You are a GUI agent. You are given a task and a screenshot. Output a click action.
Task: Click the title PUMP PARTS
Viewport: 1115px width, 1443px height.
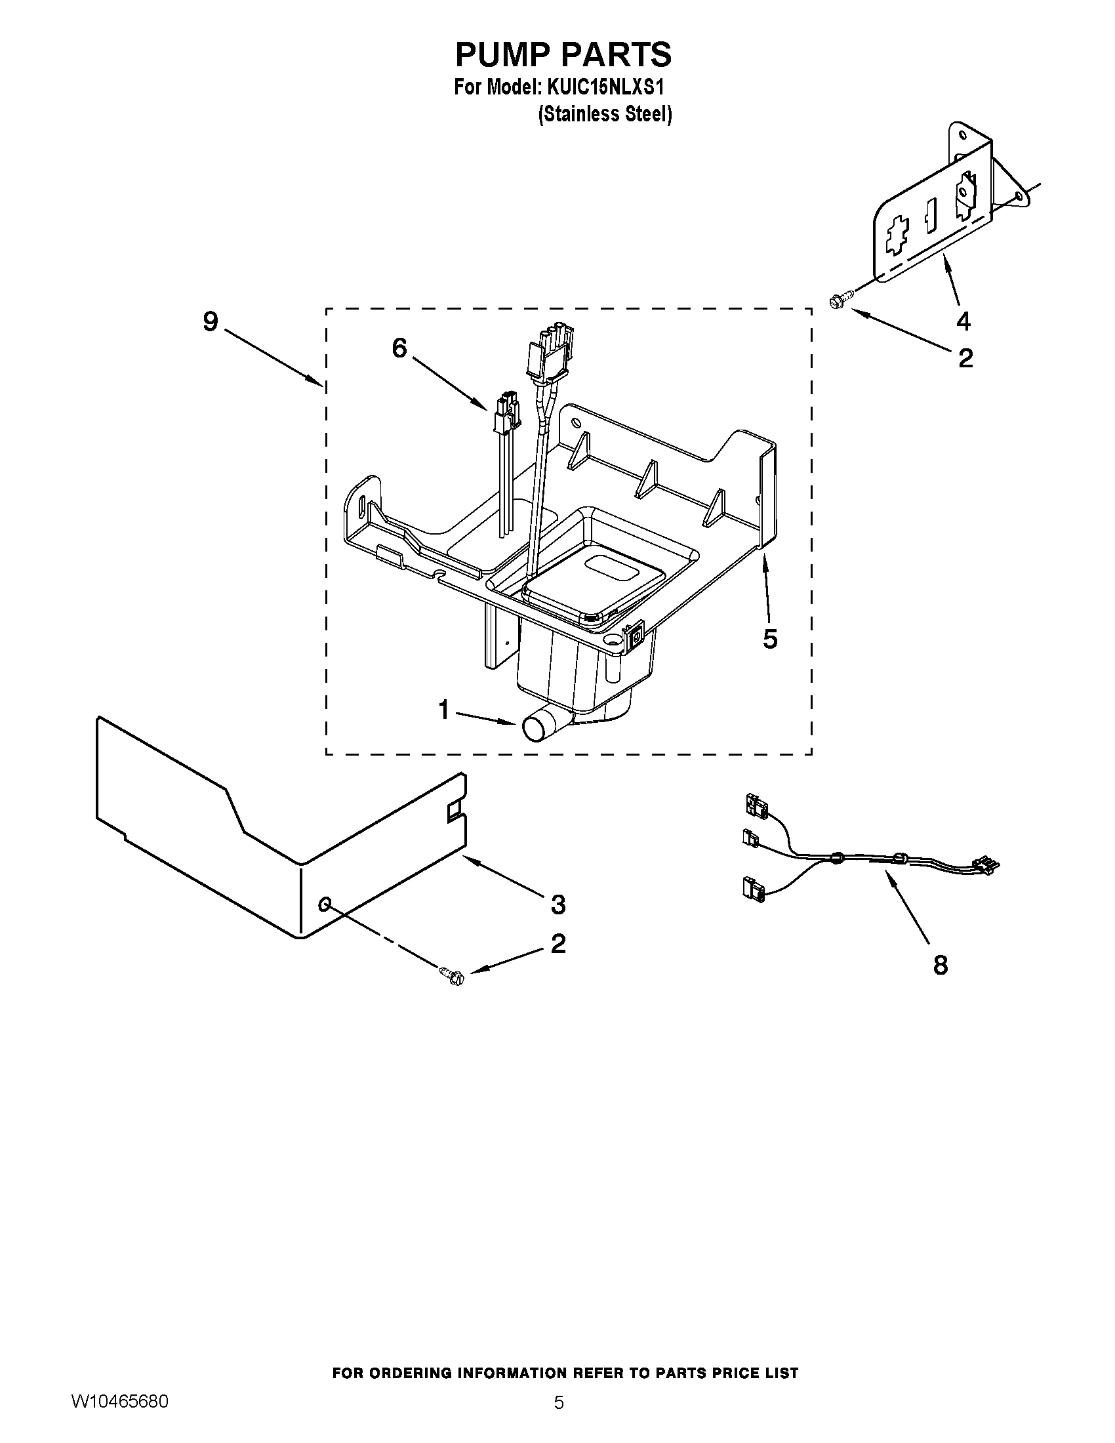tap(563, 54)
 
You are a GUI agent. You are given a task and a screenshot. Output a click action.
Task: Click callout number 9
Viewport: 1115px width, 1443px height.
tap(210, 323)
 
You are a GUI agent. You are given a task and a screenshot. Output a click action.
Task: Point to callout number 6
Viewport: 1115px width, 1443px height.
tap(399, 348)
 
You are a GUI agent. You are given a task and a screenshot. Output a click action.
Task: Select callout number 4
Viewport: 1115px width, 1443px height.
tap(963, 322)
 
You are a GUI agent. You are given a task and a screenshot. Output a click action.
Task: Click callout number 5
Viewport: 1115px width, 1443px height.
tap(769, 639)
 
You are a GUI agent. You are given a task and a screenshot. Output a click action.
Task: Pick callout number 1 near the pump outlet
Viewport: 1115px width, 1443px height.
tap(443, 710)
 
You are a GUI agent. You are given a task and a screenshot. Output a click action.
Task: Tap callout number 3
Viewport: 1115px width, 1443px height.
tap(558, 904)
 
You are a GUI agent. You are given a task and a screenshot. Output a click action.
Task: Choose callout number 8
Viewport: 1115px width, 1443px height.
tap(941, 965)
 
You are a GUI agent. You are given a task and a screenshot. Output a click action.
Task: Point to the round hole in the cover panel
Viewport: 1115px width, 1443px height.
tap(324, 903)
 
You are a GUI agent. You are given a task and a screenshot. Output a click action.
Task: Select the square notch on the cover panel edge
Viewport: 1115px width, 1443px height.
tap(455, 811)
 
